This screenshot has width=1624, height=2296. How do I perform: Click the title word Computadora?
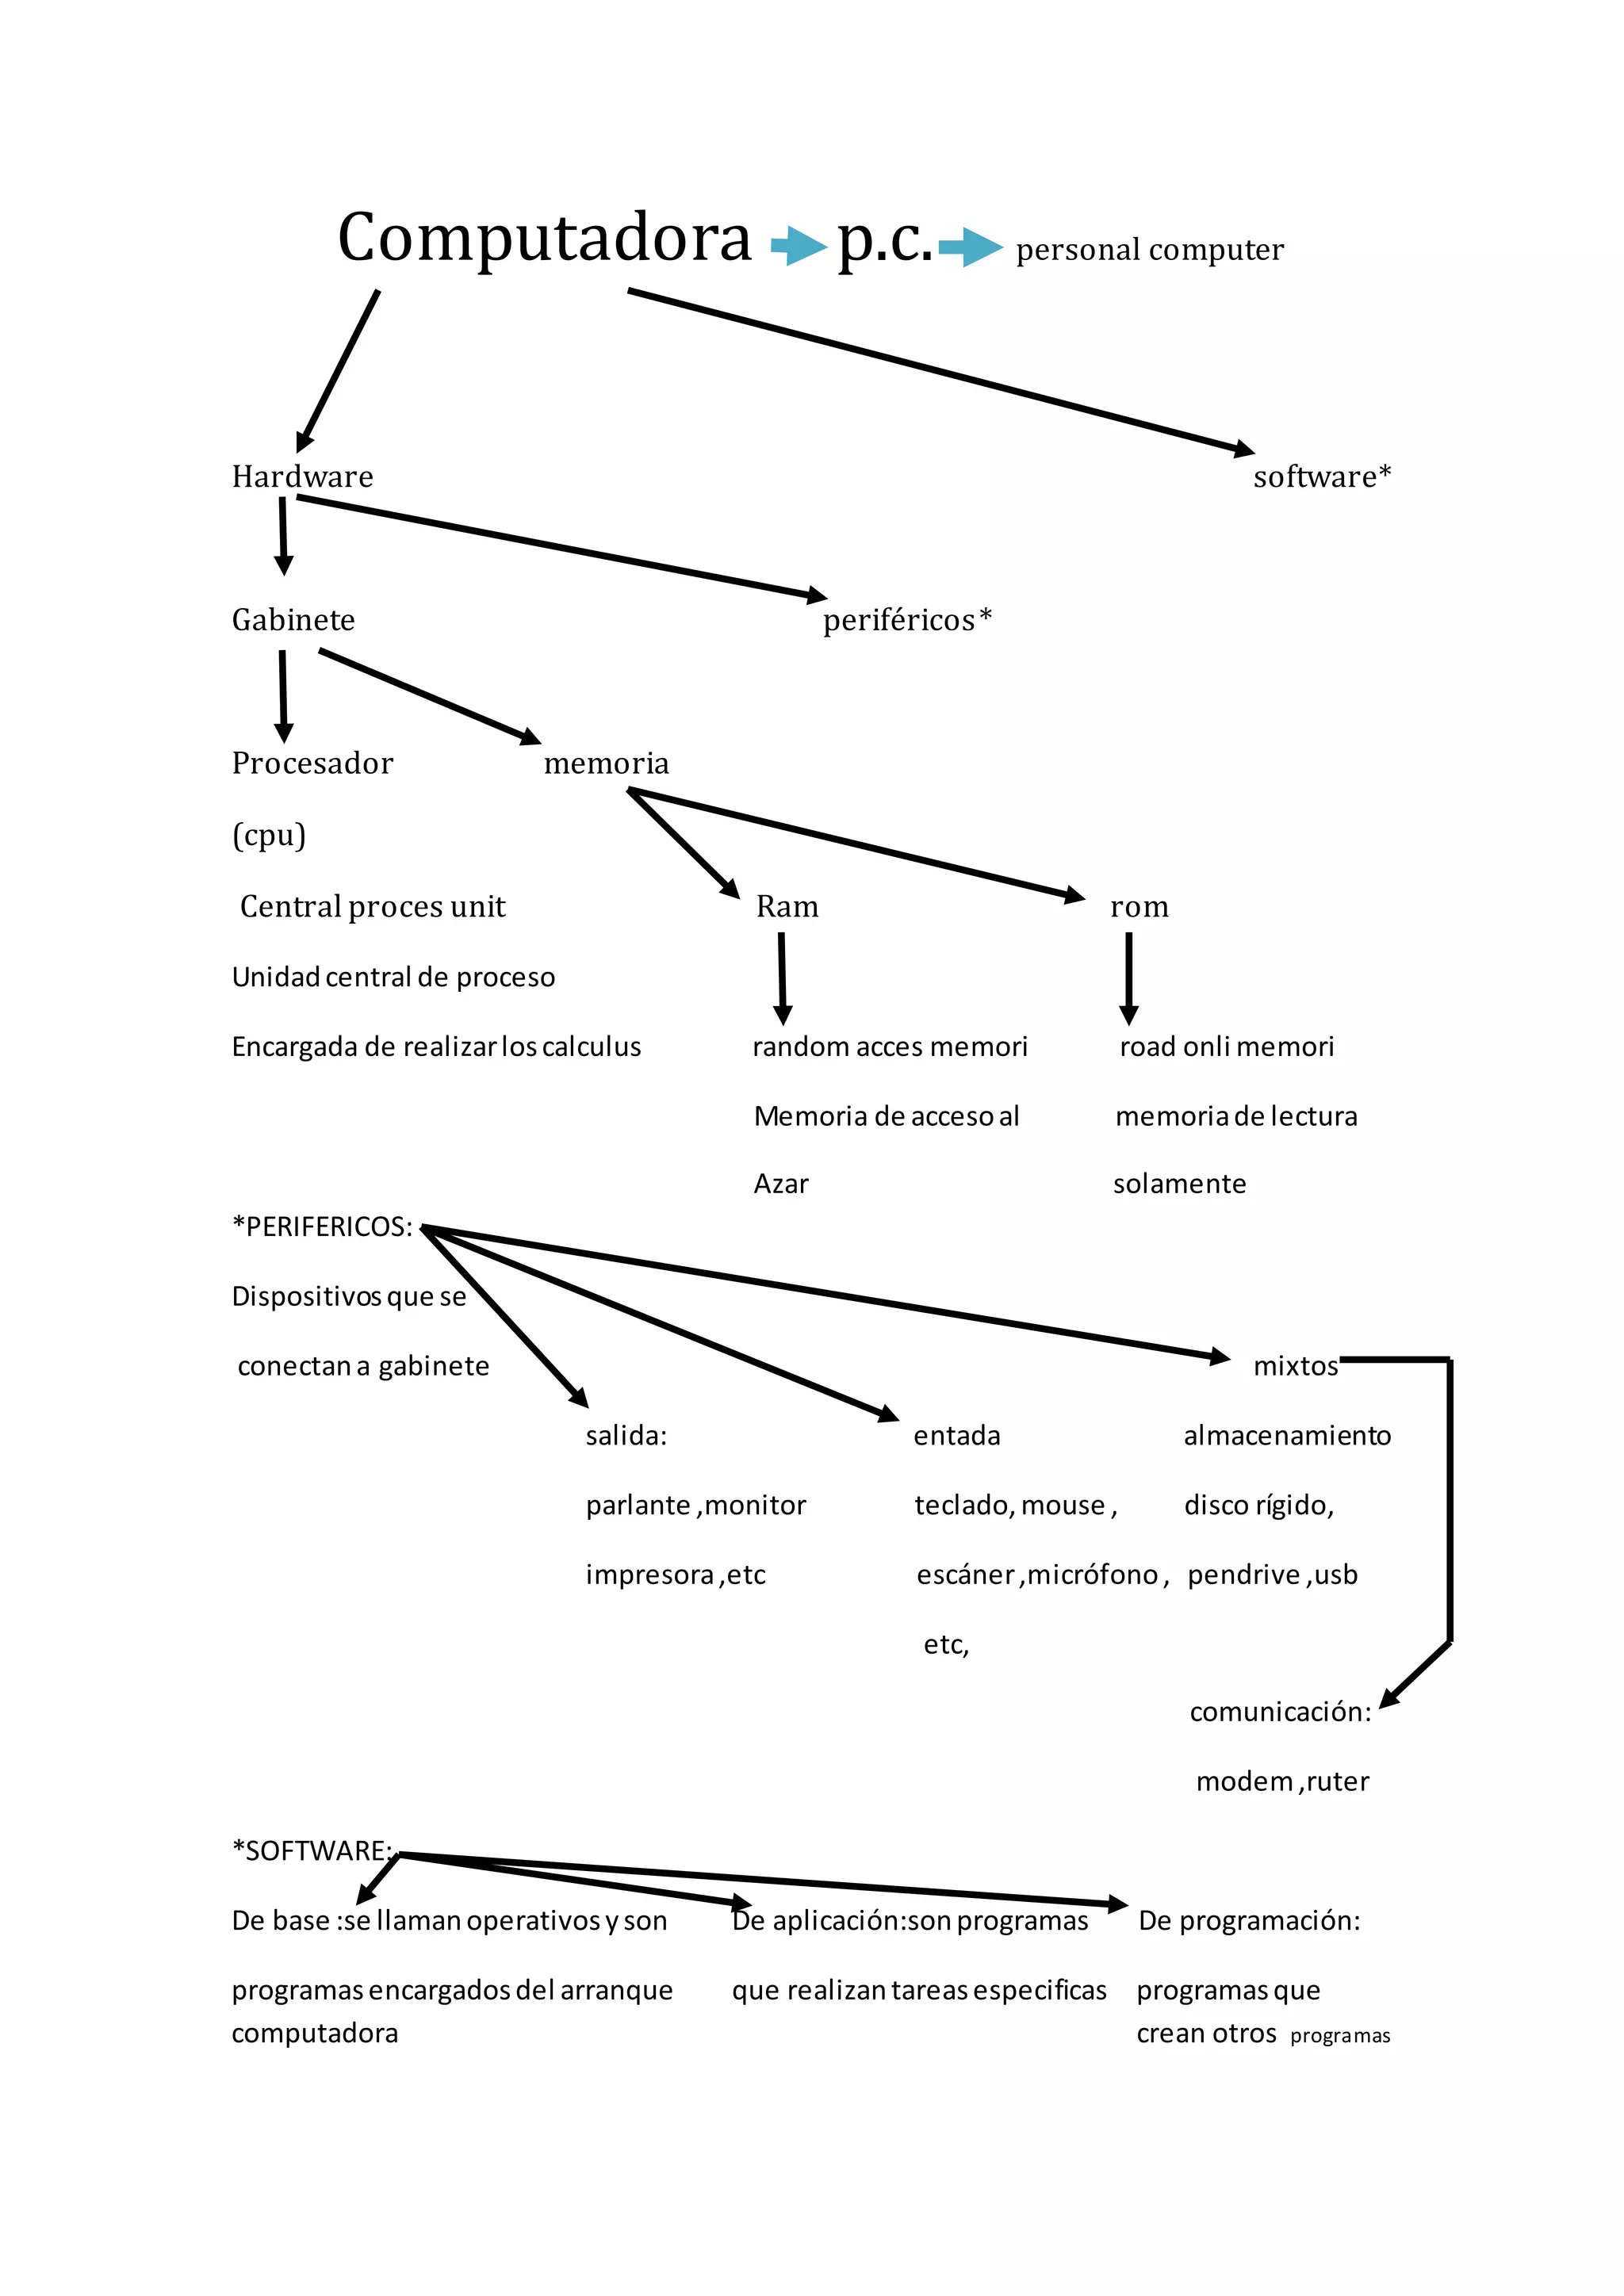(x=544, y=238)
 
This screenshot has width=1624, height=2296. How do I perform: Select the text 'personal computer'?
(x=1149, y=249)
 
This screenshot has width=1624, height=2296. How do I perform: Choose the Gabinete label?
(x=293, y=620)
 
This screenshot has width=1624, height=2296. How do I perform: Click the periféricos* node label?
(x=906, y=620)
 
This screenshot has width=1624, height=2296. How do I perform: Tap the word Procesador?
(x=312, y=763)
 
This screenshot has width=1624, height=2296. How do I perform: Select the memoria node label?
(x=606, y=763)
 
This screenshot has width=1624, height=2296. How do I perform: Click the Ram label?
(x=787, y=906)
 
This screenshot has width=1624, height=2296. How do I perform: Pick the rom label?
(x=1139, y=906)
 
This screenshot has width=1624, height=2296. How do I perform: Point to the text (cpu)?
(x=269, y=834)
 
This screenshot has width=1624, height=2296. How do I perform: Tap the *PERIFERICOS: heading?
(x=322, y=1227)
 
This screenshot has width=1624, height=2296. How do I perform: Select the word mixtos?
(x=1295, y=1366)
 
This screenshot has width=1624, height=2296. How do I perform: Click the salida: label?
(x=626, y=1436)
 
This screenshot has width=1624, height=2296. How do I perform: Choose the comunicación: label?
(x=1280, y=1712)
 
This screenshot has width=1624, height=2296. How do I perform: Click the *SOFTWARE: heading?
(x=312, y=1851)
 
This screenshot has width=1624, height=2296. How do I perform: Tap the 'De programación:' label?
(x=1249, y=1921)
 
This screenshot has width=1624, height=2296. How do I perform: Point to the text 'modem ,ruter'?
(x=1282, y=1782)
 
